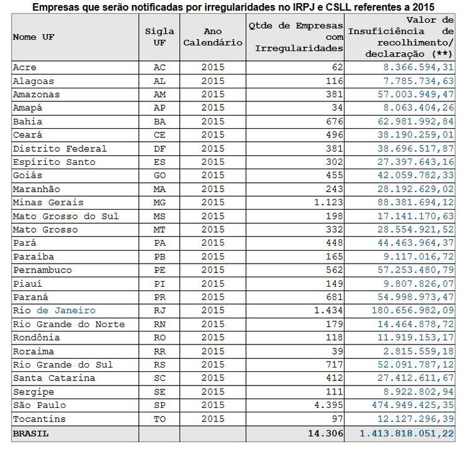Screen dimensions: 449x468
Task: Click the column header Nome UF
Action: click(x=34, y=37)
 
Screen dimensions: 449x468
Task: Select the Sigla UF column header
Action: click(x=160, y=37)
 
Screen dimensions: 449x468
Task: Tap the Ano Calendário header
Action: click(x=213, y=37)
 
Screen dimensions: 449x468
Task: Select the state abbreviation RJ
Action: click(x=160, y=310)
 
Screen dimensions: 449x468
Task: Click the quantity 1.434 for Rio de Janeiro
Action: click(x=330, y=310)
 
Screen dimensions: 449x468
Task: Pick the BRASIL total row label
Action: click(x=30, y=433)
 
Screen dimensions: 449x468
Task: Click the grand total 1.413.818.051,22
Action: click(x=407, y=433)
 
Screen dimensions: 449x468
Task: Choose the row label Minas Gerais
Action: click(x=48, y=202)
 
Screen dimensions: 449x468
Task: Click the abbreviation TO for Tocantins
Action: click(x=160, y=419)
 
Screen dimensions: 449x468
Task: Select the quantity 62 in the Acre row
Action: click(x=337, y=67)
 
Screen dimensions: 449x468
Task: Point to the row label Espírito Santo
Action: click(x=54, y=162)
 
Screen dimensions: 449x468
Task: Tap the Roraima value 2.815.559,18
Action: click(x=420, y=351)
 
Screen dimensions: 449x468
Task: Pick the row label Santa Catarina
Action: click(x=54, y=378)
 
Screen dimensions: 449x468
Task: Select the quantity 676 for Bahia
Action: click(x=334, y=121)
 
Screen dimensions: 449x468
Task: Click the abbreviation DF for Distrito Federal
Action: click(x=160, y=149)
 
